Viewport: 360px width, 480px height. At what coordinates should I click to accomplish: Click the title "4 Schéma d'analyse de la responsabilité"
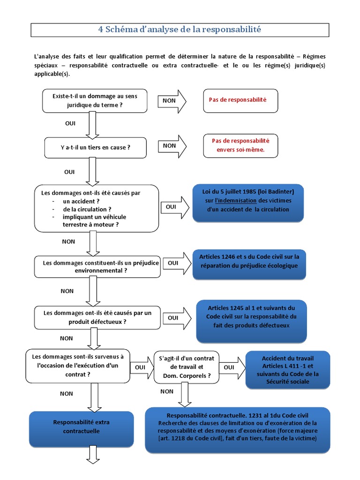pos(180,29)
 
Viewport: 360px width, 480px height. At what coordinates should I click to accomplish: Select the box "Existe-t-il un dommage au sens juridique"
pos(95,101)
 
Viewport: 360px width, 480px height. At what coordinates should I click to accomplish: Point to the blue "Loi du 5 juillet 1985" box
pos(248,202)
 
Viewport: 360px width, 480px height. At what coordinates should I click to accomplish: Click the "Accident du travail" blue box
pos(288,370)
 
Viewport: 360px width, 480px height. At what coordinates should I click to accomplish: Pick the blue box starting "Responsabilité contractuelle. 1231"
pos(237,430)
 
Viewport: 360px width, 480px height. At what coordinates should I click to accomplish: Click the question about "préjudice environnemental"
pos(97,267)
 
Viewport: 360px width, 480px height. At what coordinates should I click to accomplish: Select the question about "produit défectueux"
pos(97,317)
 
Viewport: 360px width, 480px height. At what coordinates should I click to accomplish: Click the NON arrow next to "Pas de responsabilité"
pos(172,101)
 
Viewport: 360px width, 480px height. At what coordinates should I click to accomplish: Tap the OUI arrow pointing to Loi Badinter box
pos(174,207)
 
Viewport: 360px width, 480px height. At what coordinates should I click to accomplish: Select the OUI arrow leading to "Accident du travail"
pos(232,367)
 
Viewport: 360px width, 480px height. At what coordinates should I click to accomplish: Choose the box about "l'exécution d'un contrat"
pos(78,366)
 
